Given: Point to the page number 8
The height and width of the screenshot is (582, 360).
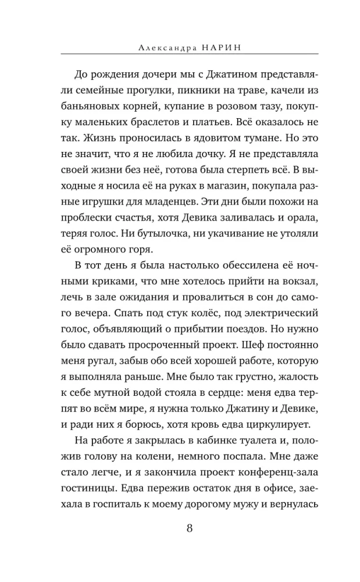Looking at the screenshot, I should coord(190,529).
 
